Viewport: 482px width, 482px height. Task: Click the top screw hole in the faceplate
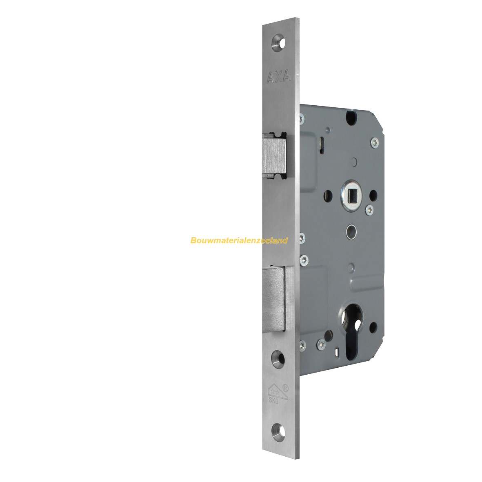tap(278, 43)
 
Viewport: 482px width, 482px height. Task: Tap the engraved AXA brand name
tap(278, 77)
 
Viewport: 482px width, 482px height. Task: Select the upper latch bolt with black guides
tap(274, 155)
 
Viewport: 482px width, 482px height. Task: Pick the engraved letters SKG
tap(273, 400)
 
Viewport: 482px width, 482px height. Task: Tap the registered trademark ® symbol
tap(285, 388)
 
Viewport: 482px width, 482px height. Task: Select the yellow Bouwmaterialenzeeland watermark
tap(239, 240)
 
